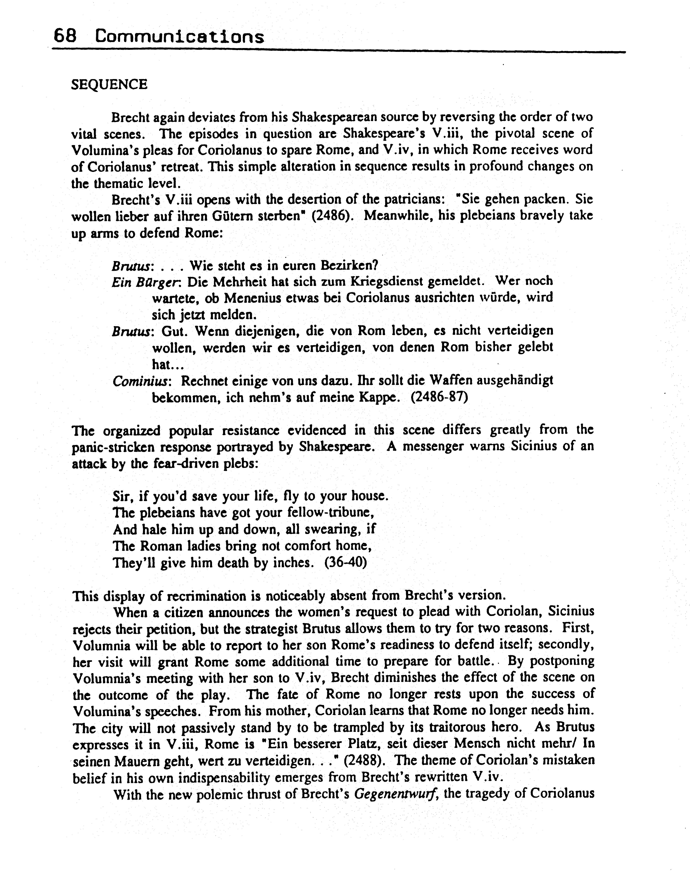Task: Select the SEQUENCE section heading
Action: pos(109,84)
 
